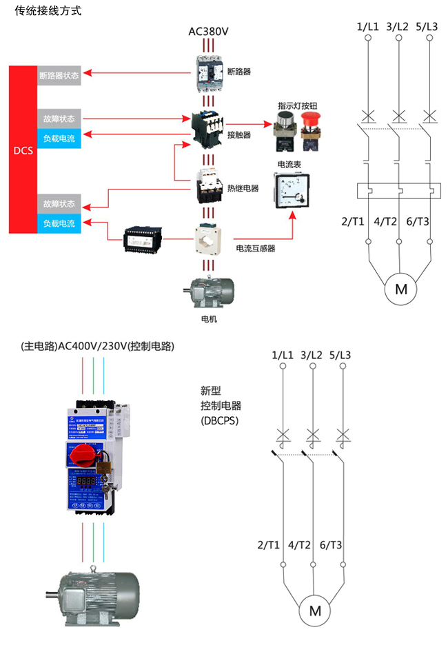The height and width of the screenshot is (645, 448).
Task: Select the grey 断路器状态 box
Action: point(59,75)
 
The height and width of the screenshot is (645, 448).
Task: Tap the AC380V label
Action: point(208,32)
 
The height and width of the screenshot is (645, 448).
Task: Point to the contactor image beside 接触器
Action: point(208,126)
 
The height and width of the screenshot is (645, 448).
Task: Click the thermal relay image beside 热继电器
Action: point(208,186)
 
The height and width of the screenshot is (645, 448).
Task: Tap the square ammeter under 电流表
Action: point(292,190)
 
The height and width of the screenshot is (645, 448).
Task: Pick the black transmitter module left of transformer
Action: point(143,239)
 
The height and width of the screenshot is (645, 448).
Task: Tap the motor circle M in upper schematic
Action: point(400,288)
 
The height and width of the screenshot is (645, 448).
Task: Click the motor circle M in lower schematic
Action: point(315,610)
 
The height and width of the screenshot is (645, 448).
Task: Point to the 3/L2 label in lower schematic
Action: point(312,355)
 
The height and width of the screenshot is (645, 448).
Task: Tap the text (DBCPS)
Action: point(220,420)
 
